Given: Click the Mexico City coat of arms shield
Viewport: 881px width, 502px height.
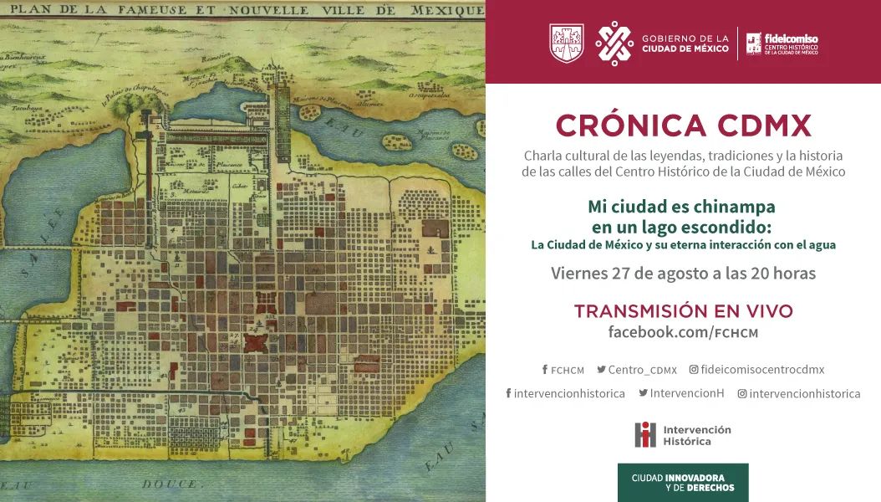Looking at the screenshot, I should click(x=566, y=43).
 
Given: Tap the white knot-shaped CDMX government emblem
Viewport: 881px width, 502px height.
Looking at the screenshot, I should click(x=614, y=43).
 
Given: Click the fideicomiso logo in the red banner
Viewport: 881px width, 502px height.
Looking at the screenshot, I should click(x=782, y=44).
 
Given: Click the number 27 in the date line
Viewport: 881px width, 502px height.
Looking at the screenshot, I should click(x=619, y=274).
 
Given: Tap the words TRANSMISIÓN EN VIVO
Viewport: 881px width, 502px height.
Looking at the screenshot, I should click(x=683, y=311).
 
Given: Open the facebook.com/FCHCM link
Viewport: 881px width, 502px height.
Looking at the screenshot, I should click(x=683, y=332).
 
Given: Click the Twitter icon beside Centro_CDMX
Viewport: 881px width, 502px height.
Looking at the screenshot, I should click(x=601, y=370).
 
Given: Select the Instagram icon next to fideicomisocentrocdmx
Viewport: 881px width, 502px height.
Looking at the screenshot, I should click(x=693, y=370).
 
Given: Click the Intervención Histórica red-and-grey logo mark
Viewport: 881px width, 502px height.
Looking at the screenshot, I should click(x=644, y=434).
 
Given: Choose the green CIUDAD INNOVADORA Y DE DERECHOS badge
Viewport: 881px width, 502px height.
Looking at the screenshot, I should click(x=683, y=483).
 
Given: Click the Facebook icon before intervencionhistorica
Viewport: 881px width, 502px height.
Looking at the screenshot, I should click(x=508, y=393).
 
